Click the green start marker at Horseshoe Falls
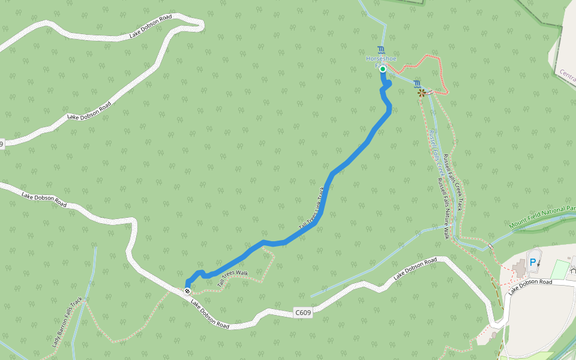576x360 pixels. (x=383, y=69)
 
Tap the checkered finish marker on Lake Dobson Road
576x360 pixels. (x=188, y=291)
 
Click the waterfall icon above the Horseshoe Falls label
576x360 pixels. (x=382, y=49)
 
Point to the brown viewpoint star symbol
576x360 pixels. (x=422, y=92)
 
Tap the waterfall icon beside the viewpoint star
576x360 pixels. (x=416, y=83)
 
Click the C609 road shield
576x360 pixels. (x=303, y=313)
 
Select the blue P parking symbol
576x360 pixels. (x=532, y=262)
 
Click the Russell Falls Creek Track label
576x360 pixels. (x=455, y=180)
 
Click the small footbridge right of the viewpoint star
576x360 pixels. (x=431, y=92)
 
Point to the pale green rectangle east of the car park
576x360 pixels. (x=562, y=269)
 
